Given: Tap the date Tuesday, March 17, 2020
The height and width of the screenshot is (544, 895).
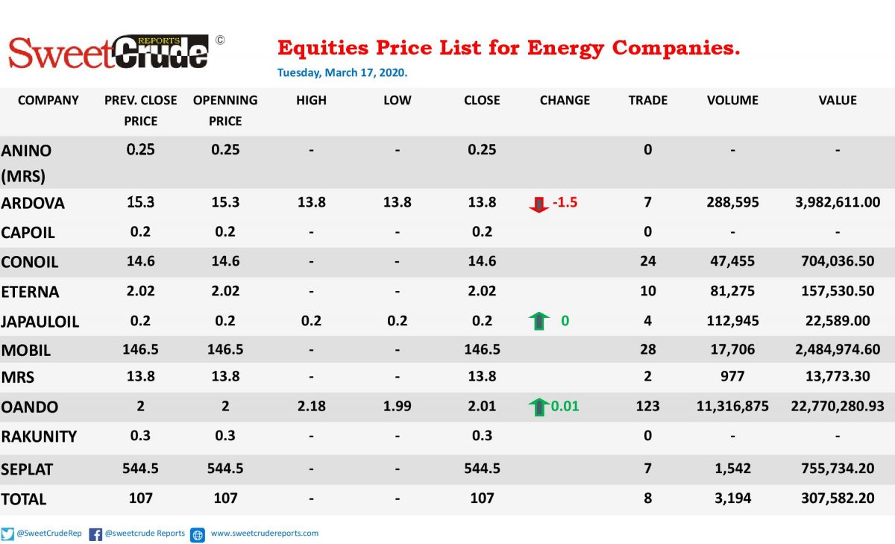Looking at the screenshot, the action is point(342,72).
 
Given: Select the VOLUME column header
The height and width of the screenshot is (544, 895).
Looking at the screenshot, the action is point(732,100).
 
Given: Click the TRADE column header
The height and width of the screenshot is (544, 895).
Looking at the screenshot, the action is point(647,100).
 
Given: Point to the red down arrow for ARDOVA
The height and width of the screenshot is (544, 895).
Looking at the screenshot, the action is point(538,204).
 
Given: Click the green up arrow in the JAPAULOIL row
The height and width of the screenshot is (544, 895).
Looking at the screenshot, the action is point(538,321).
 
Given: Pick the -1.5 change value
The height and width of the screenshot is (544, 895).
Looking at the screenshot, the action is point(565,202).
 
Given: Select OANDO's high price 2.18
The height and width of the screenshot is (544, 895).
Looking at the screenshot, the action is point(311,406).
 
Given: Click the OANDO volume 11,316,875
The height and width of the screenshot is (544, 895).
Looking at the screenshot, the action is point(732,406).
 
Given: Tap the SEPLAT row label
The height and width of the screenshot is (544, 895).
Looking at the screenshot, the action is point(27,469).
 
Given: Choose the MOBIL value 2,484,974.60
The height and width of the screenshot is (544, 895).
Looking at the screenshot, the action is point(838,349).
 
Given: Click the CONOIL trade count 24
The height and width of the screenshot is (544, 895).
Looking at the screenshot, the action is point(647,261).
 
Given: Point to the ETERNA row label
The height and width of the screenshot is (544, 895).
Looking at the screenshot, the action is point(30,292).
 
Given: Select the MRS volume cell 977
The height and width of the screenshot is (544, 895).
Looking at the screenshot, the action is point(732,376).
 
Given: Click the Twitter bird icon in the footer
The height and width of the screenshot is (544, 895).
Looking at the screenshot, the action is point(7,534).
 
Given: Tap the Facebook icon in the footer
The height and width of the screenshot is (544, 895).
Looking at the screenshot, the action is point(95,534).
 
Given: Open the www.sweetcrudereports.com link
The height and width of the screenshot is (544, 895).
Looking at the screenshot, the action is point(265,534).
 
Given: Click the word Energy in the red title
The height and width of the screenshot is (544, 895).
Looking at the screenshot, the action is point(565,49).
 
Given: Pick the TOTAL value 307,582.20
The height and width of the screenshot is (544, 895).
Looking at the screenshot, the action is point(838,498).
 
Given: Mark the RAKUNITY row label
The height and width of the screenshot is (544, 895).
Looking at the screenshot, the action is point(39,437).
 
